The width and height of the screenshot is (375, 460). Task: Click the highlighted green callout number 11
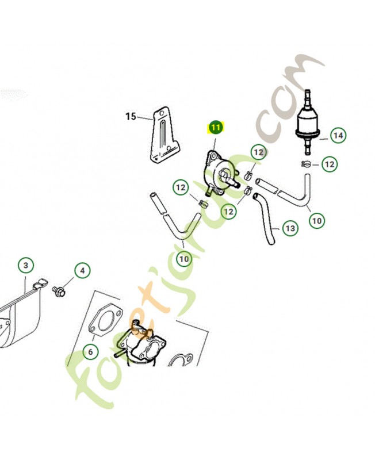tap(216, 128)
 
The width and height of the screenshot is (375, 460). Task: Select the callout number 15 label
tap(131, 117)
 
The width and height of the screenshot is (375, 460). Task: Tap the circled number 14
tap(338, 136)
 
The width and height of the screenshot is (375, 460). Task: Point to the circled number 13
tap(290, 228)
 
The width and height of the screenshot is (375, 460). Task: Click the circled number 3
tap(26, 265)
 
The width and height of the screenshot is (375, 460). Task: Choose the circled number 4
tap(82, 270)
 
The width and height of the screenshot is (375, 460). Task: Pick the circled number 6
tap(90, 351)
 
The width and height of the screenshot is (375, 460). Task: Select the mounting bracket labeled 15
tap(164, 135)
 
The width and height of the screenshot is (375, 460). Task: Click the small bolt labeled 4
tap(59, 291)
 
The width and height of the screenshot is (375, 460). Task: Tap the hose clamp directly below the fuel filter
tap(306, 164)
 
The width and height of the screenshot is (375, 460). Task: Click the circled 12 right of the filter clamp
tap(330, 164)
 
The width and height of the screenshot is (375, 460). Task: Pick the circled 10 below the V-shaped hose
tap(184, 259)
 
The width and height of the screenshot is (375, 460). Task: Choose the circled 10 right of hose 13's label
tap(317, 220)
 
